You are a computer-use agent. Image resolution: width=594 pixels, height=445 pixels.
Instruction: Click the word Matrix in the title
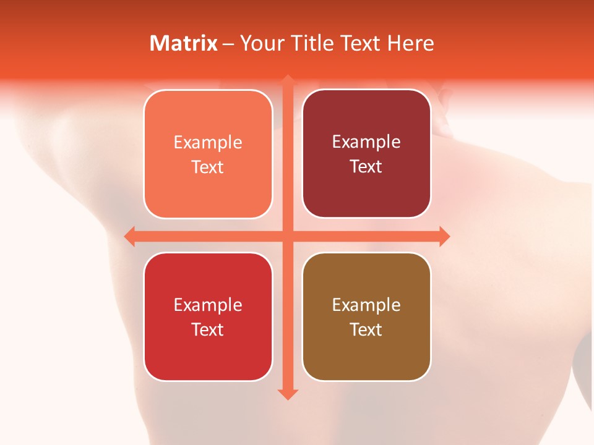pyautogui.click(x=184, y=43)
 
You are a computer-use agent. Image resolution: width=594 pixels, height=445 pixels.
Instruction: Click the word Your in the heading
pyautogui.click(x=260, y=43)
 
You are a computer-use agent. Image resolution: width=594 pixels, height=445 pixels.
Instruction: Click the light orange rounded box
pyautogui.click(x=208, y=154)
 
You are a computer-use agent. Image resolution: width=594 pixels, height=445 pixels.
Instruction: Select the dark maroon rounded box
pyautogui.click(x=366, y=154)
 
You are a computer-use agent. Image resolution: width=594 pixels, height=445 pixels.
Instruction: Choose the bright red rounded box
pyautogui.click(x=208, y=316)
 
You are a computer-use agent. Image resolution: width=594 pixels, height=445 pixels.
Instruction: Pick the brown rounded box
pyautogui.click(x=366, y=316)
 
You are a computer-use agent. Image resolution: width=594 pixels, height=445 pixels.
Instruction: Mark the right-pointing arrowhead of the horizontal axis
pyautogui.click(x=444, y=236)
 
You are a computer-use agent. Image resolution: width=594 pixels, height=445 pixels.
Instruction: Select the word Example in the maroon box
pyautogui.click(x=366, y=142)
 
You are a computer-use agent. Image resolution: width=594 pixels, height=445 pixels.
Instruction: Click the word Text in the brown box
pyautogui.click(x=366, y=329)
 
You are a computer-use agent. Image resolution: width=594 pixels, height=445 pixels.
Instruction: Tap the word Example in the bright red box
pyautogui.click(x=208, y=305)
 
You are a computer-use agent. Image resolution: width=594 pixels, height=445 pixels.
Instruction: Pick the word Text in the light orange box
pyautogui.click(x=208, y=167)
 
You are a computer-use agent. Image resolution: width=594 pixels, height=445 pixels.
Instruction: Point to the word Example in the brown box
pyautogui.click(x=366, y=305)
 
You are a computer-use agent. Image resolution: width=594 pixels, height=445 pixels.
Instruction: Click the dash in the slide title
pyautogui.click(x=228, y=44)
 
